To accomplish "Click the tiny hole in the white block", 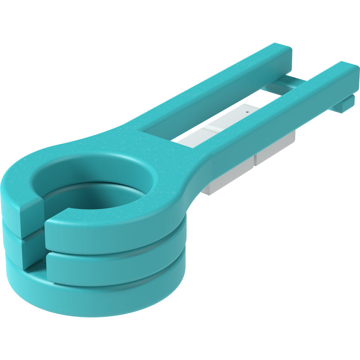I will [247, 112].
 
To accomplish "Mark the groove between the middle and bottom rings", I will [119, 284].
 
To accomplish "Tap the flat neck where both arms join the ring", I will [158, 144].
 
